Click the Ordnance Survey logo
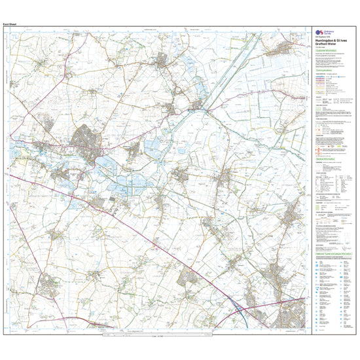pos(321,33)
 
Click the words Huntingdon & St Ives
pos(331,41)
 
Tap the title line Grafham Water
pos(327,45)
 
